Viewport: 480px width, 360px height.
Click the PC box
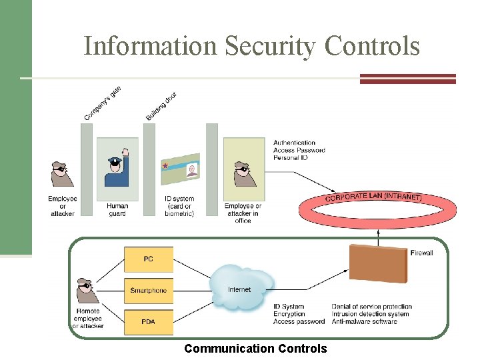(148, 259)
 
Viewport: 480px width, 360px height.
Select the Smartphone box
(148, 291)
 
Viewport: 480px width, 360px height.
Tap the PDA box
(148, 322)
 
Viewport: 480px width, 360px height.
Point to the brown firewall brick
(378, 264)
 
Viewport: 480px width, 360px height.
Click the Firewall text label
(421, 253)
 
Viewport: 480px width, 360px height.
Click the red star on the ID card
(165, 164)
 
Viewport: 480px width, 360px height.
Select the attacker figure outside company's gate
(62, 175)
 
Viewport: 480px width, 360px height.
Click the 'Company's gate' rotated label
(103, 103)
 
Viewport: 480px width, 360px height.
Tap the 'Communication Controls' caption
(255, 349)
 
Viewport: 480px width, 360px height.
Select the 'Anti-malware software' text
(364, 321)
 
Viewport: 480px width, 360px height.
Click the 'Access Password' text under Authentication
(299, 150)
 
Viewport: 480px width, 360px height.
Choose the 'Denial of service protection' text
(371, 307)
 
